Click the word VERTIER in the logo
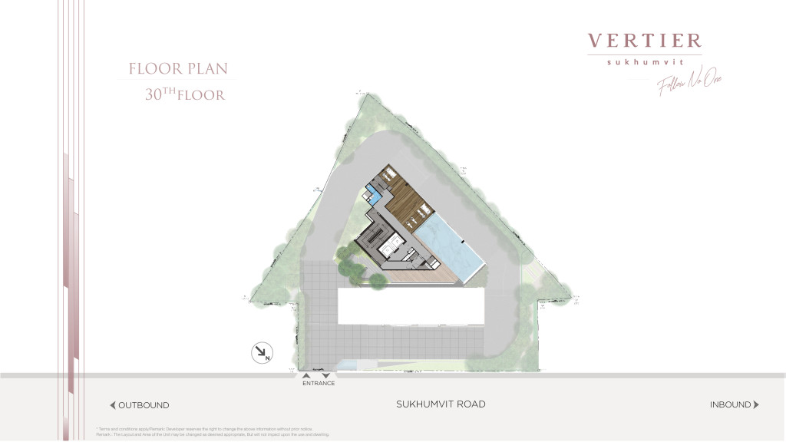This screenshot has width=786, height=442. (645, 41)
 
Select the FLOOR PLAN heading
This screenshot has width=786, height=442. (178, 69)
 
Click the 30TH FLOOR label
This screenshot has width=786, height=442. (184, 96)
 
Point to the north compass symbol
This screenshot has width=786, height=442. (262, 353)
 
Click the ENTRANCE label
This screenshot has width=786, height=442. (319, 384)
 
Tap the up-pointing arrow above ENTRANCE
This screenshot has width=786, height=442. (306, 376)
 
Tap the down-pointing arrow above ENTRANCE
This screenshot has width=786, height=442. (325, 376)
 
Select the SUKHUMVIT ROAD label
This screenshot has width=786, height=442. (441, 404)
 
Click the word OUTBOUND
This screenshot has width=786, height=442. (144, 405)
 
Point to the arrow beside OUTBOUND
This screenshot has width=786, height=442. (113, 405)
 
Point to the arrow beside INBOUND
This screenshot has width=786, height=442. (756, 404)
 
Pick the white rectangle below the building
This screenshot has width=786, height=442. (411, 306)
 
